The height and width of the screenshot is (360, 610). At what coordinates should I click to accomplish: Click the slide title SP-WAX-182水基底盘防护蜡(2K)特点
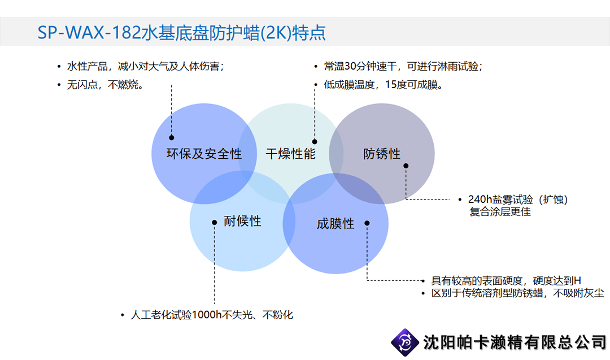[181, 33]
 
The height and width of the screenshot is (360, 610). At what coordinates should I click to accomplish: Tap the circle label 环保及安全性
[204, 154]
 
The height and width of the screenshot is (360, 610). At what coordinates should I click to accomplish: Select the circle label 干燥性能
[291, 154]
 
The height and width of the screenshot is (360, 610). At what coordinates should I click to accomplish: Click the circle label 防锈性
[382, 154]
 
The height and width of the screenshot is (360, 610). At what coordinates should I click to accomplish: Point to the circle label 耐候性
[242, 221]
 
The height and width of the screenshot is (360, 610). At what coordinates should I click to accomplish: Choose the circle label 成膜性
[335, 223]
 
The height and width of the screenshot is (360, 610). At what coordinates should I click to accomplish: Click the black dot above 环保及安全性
[172, 137]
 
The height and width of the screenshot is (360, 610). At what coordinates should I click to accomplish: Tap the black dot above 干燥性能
[315, 142]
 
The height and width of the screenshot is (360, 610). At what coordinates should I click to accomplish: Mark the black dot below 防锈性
[406, 166]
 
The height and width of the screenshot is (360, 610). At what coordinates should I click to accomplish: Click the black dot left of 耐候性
[215, 223]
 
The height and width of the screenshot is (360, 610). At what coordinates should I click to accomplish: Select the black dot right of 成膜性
[367, 223]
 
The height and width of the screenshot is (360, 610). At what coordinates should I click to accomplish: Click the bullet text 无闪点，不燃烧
[105, 84]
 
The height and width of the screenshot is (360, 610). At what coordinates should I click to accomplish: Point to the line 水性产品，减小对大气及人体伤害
[146, 66]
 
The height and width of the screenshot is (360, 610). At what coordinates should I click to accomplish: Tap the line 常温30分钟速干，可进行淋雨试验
[403, 66]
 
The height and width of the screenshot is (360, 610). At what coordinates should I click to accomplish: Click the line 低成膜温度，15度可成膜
[383, 84]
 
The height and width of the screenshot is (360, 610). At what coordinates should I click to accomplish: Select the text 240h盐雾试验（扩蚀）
[518, 199]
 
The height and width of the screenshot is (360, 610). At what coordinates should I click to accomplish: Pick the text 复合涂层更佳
[500, 212]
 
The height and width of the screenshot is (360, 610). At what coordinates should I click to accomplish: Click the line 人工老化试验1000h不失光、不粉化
[212, 314]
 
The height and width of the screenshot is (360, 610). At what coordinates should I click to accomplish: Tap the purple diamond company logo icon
[404, 342]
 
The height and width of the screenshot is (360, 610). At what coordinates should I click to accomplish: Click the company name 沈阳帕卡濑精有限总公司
[515, 342]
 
